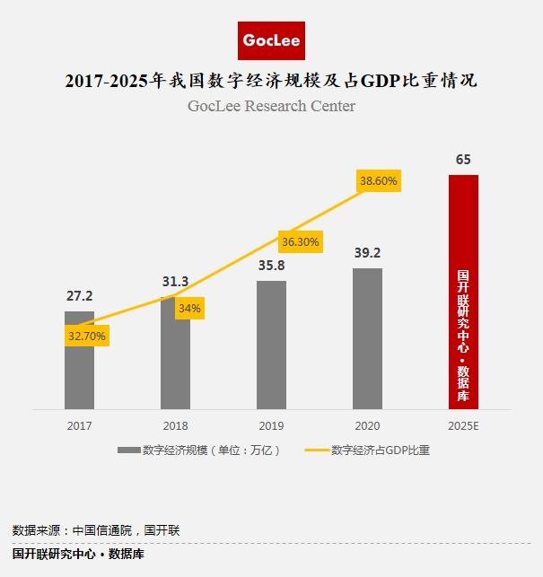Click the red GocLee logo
pyautogui.click(x=272, y=40)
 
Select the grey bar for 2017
pyautogui.click(x=79, y=368)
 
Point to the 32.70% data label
pyautogui.click(x=87, y=337)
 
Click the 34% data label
pyautogui.click(x=189, y=308)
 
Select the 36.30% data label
pyautogui.click(x=301, y=241)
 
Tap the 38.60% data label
pyautogui.click(x=379, y=180)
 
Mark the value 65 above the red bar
pyautogui.click(x=463, y=160)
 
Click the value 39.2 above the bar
pyautogui.click(x=367, y=252)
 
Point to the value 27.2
pyautogui.click(x=79, y=295)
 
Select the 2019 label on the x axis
pyautogui.click(x=271, y=424)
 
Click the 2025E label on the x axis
pyautogui.click(x=463, y=424)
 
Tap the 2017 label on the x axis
pyautogui.click(x=79, y=424)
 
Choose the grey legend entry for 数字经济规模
pyautogui.click(x=199, y=450)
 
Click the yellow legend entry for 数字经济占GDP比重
pyautogui.click(x=367, y=450)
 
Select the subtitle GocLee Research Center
pyautogui.click(x=271, y=106)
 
